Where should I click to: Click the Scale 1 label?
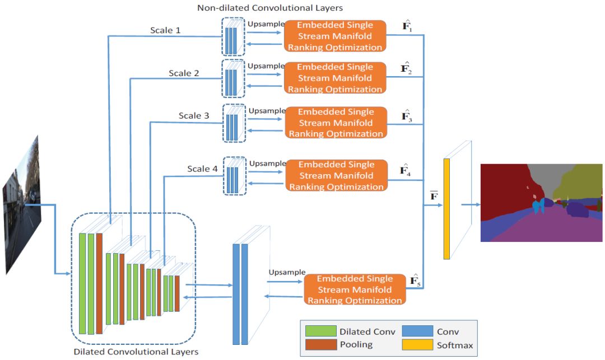[x=165, y=30]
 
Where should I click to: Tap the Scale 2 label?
[x=184, y=73]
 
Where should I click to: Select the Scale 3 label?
[x=194, y=116]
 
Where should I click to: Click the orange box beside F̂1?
[x=335, y=36]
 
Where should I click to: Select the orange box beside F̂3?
[x=335, y=123]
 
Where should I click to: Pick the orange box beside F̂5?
[x=355, y=289]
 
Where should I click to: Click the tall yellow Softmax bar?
[x=446, y=209]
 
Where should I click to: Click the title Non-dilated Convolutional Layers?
[x=270, y=8]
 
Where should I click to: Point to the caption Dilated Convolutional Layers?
[x=136, y=352]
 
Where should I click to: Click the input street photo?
[x=22, y=204]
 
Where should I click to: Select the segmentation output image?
[x=541, y=203]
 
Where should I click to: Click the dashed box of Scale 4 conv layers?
[x=234, y=176]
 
